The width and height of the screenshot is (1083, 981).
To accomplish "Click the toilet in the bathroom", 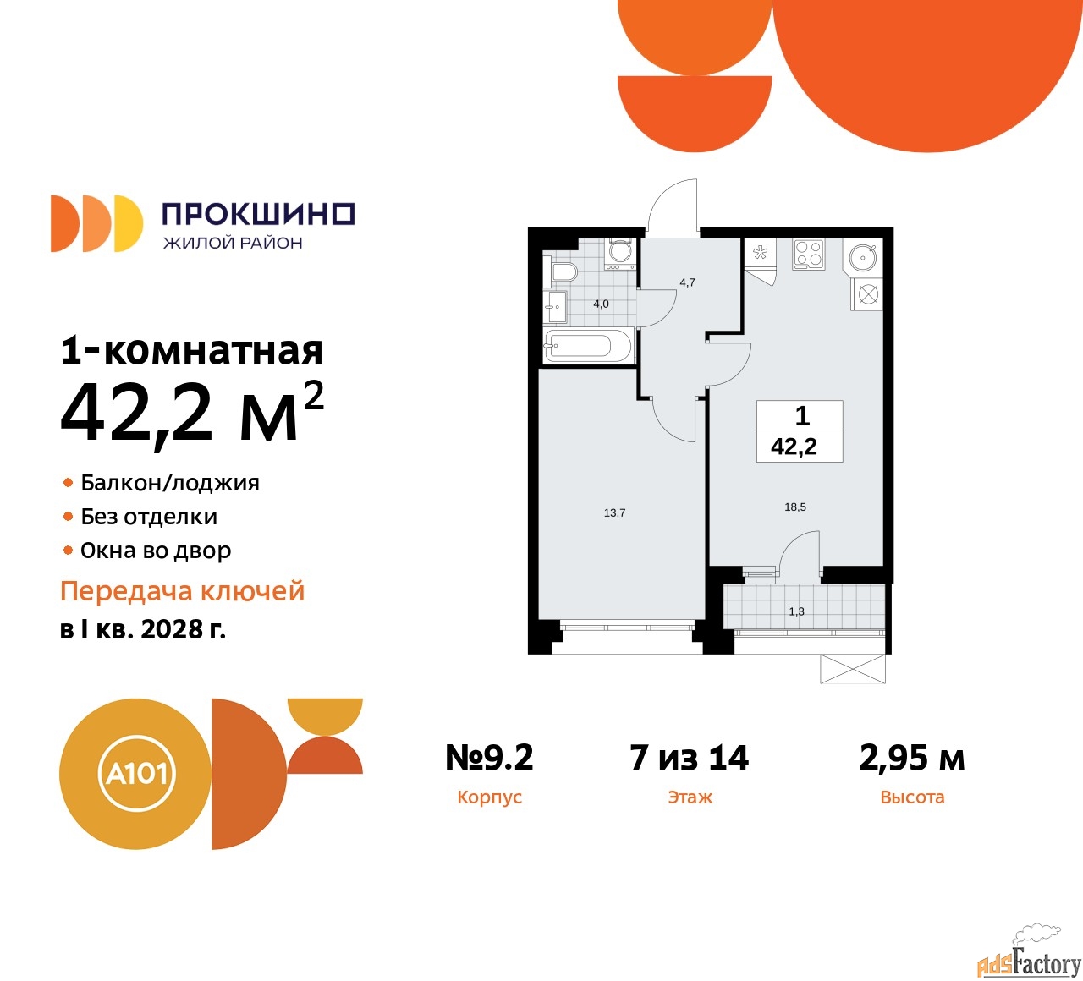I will pos(563,271).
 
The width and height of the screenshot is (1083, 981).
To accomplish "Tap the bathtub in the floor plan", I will pos(588,346).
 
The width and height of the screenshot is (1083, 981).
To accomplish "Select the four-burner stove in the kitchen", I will pos(808,254).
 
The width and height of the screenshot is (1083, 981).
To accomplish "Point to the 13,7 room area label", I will pos(614,513).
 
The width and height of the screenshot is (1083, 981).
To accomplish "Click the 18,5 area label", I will pos(795,507).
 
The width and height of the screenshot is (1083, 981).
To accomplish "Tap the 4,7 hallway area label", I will pos(687,282).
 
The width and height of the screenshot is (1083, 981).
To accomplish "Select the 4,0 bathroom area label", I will pos(601,304).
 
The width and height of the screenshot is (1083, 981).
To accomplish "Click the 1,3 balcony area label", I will pos(796,611).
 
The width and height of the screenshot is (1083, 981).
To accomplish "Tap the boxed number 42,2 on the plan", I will pos(794,447).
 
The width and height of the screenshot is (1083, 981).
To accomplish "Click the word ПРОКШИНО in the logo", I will pos(258,214).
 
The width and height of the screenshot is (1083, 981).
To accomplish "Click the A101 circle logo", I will pos(135,774).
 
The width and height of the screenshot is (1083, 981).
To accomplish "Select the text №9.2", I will pos(489,758).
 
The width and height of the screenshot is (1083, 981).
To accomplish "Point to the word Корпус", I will pos(489,797).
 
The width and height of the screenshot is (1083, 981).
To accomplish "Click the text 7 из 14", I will pos(689,758).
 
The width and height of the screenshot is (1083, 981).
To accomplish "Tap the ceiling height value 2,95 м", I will pos(911,758).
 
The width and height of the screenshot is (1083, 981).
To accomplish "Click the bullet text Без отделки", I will pos(149,517).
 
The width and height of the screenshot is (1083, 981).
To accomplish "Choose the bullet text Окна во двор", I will pos(156,551).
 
